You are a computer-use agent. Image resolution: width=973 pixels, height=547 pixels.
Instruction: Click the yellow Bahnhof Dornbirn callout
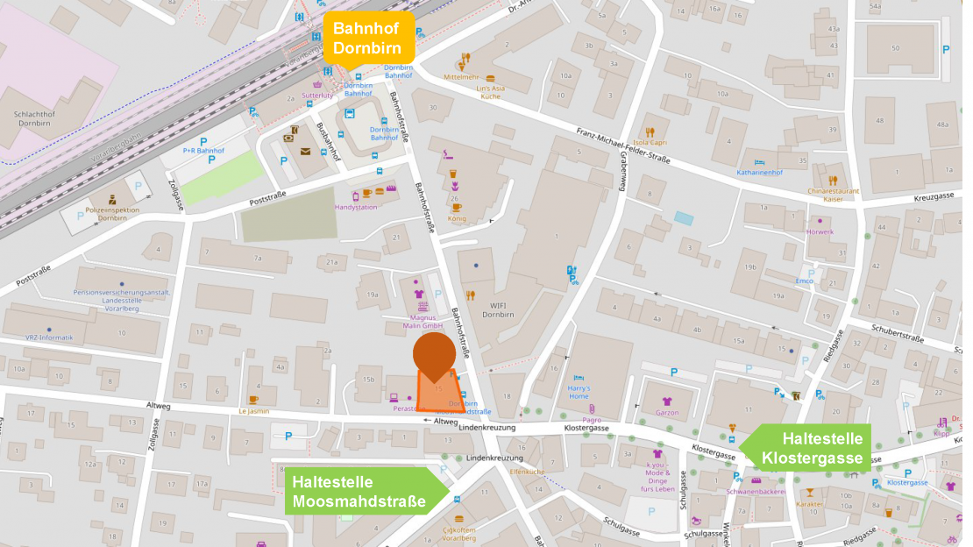pos(368,38)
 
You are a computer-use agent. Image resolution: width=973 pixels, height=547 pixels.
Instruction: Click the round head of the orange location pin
pos(434,355)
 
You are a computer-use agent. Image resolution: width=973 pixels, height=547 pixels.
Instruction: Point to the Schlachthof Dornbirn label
pos(37,118)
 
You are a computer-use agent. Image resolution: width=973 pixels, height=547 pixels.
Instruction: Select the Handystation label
pos(356,207)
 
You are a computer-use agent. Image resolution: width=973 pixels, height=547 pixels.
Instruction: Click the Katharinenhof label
pos(760,173)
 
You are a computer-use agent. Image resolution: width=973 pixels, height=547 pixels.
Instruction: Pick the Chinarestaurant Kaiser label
pos(833,195)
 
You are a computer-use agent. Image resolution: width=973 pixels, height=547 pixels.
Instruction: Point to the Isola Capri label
pos(650,142)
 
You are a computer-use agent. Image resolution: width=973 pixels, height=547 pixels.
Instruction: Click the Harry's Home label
pos(579,392)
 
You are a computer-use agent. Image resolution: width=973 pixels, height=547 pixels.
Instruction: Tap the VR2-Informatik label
pos(49,337)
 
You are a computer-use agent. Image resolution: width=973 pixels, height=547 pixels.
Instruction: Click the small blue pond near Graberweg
pos(682,217)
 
